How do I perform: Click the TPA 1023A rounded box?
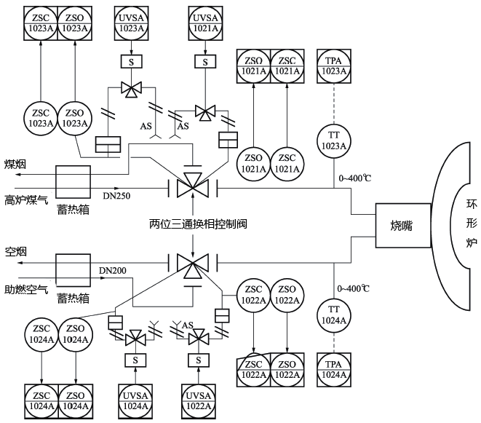pos(334,66)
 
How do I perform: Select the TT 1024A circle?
pos(334,312)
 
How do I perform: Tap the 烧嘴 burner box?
pos(399,225)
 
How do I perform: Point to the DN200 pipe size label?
pos(113,271)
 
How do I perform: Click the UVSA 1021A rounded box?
pos(205,23)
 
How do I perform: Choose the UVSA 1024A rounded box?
pos(132,400)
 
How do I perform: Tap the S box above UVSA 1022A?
pos(196,360)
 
